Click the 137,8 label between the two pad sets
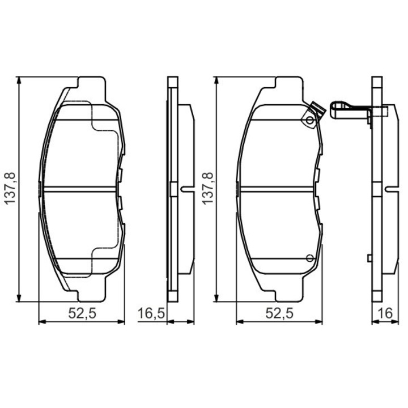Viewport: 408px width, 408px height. pos(207,189)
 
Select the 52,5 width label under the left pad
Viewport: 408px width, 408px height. pos(81,313)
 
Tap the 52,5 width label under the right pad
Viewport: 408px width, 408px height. pos(279,313)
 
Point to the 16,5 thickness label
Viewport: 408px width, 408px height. pos(151,313)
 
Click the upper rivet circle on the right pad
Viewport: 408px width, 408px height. pos(309,121)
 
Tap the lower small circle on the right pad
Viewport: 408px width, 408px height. pos(309,258)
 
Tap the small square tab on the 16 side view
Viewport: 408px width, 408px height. pos(369,258)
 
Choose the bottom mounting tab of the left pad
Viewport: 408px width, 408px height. pos(91,296)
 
